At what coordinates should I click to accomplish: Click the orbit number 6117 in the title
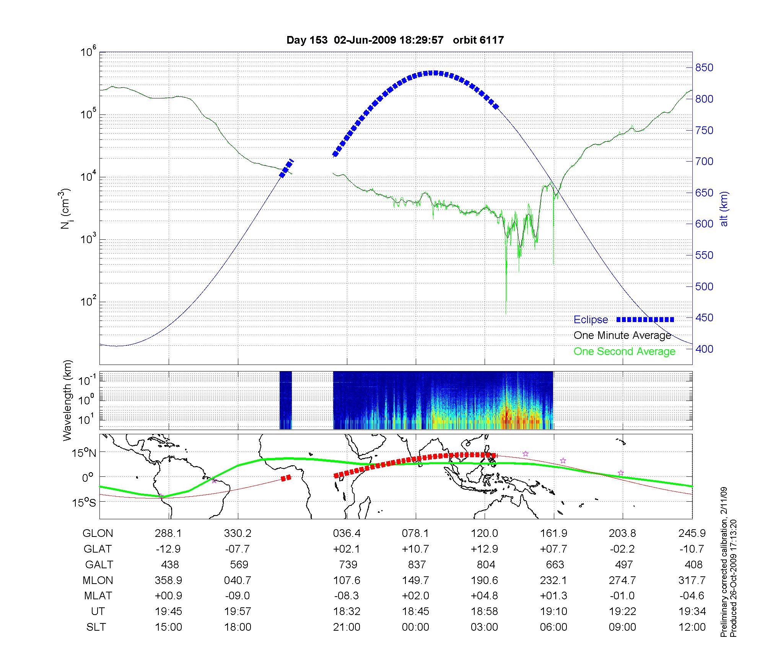(x=478, y=40)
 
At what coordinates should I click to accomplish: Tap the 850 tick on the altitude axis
(x=704, y=68)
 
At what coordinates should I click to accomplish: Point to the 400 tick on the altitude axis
(x=704, y=349)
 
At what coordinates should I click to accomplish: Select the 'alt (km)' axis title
(x=724, y=209)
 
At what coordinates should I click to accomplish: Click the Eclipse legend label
(x=591, y=320)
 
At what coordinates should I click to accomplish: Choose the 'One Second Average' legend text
(x=624, y=352)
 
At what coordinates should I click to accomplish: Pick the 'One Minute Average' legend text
(x=622, y=335)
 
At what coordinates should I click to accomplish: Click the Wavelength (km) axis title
(x=68, y=401)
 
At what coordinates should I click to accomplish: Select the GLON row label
(x=98, y=533)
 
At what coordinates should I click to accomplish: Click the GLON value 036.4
(x=347, y=533)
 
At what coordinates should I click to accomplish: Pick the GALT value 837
(x=417, y=565)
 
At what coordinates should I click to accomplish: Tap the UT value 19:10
(x=553, y=612)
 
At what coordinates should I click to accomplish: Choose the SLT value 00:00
(x=415, y=627)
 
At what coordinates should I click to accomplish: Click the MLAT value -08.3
(x=347, y=596)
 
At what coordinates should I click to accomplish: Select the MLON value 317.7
(x=692, y=580)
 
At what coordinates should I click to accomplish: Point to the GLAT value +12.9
(x=485, y=549)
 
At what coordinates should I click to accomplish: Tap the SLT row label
(x=96, y=627)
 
